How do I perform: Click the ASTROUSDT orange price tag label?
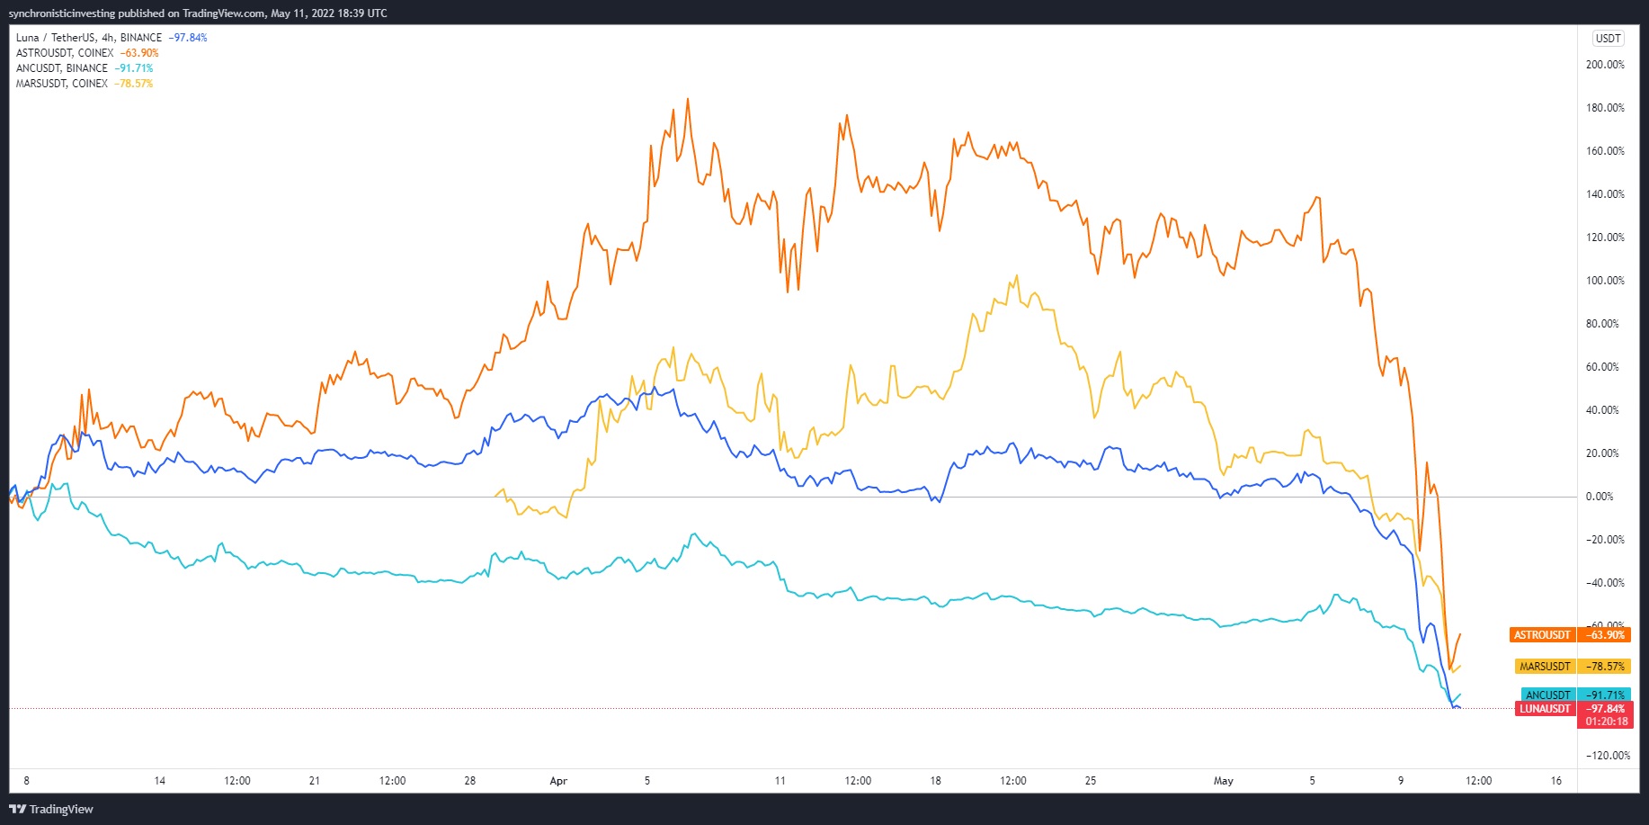point(1542,635)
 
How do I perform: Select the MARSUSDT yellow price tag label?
point(1545,667)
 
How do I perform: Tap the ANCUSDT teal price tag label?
point(1547,695)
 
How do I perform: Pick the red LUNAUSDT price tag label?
point(1545,709)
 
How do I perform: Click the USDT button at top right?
point(1608,39)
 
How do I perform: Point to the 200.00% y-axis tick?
point(1605,65)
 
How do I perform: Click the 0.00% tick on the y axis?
point(1600,497)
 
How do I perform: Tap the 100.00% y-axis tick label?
point(1605,281)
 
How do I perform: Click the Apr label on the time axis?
point(558,781)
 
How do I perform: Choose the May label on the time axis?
point(1223,781)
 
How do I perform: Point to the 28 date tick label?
point(469,781)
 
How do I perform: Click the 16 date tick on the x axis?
point(1556,781)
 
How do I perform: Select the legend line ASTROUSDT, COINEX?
point(65,53)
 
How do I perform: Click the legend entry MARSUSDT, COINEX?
point(62,84)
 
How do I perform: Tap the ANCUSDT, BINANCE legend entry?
point(62,68)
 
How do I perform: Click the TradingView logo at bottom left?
point(51,809)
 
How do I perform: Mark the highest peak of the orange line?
point(688,99)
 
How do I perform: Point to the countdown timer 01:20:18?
point(1607,722)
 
